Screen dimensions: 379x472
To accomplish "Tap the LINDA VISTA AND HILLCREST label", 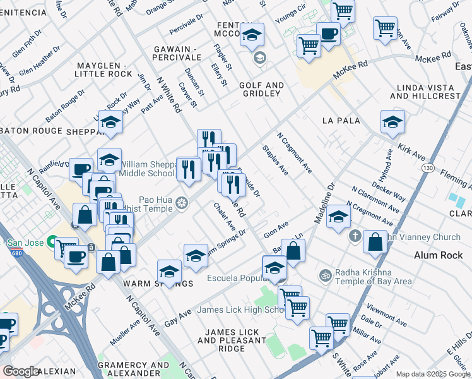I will (x=425, y=92).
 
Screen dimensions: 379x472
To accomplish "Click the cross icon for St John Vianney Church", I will (x=355, y=236).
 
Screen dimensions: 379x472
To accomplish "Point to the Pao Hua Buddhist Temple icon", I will (x=182, y=203).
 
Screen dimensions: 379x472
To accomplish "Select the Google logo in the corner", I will (x=21, y=371).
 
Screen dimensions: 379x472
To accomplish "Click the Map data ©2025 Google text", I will (x=433, y=374).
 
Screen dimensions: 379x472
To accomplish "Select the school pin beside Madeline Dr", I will (x=338, y=217).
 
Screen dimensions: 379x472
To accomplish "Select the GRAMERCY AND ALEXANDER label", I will (x=133, y=369).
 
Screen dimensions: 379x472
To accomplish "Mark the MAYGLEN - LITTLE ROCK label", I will (x=101, y=69).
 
